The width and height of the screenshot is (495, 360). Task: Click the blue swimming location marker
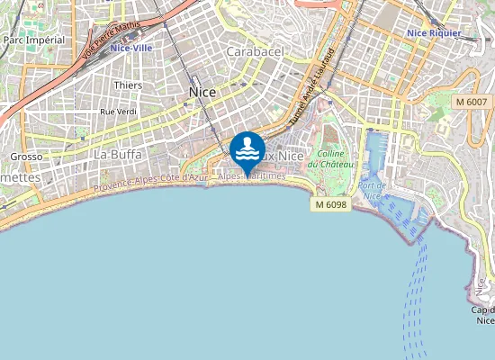247,149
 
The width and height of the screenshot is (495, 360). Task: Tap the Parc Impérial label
34,40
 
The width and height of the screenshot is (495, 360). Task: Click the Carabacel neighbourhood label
255,52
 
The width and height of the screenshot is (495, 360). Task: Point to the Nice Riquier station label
434,33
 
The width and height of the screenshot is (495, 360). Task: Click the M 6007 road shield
472,103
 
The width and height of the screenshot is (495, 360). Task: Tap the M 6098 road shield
331,205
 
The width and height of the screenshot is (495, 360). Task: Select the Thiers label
128,85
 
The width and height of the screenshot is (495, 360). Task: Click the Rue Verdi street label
118,112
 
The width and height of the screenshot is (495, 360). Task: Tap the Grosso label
25,157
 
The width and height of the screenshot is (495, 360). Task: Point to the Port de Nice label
372,190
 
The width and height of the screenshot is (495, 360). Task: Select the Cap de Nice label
484,315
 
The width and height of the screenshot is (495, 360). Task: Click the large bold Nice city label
202,92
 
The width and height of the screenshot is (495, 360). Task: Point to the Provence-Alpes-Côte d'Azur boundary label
150,181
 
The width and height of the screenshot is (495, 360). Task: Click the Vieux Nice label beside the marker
283,157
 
